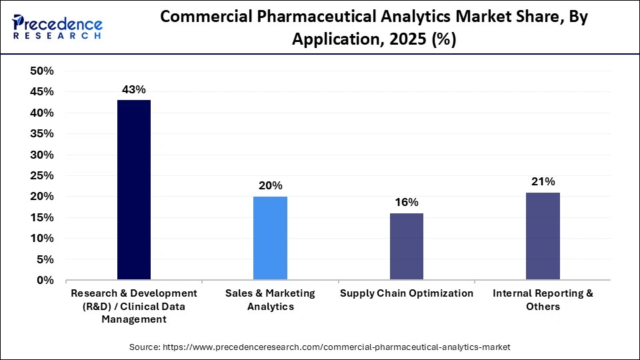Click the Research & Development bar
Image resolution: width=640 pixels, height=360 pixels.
134,190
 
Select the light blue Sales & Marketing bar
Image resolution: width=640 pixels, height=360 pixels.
270,238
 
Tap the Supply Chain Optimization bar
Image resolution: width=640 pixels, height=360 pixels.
406,247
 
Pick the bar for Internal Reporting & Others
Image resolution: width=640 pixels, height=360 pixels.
543,236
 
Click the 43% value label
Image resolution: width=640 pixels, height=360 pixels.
133,89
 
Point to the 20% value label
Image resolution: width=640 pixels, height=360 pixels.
270,185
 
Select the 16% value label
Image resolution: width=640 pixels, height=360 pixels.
406,202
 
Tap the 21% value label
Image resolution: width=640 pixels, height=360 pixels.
543,181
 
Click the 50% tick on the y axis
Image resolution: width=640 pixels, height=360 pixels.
42,71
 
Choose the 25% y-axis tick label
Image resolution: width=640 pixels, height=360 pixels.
42,176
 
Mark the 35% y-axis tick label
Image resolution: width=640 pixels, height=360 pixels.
42,134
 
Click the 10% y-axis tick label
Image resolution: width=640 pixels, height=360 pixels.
42,239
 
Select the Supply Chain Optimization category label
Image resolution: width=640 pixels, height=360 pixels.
406,293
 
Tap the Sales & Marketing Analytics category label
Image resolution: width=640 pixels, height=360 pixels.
270,300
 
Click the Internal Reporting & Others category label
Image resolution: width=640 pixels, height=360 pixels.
543,300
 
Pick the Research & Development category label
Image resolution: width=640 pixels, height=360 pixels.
134,306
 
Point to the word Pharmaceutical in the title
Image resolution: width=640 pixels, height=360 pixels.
321,17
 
